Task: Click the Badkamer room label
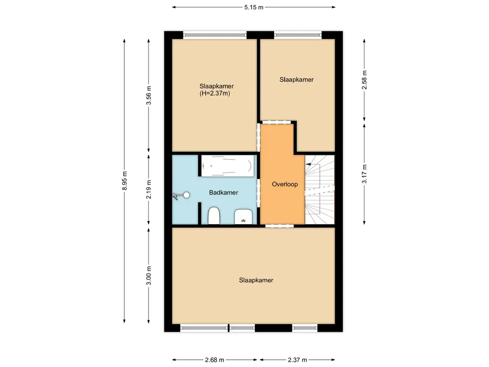pyautogui.click(x=223, y=193)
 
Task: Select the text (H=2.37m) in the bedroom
pyautogui.click(x=215, y=94)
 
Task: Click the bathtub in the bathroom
pyautogui.click(x=226, y=166)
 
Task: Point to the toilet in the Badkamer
pyautogui.click(x=213, y=216)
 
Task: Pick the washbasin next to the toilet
pyautogui.click(x=244, y=216)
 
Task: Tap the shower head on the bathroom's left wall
pyautogui.click(x=182, y=195)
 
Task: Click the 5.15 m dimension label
pyautogui.click(x=254, y=7)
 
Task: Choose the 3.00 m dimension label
pyautogui.click(x=149, y=275)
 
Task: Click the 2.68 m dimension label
pyautogui.click(x=215, y=360)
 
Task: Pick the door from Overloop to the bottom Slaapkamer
pyautogui.click(x=279, y=226)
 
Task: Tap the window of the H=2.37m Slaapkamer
pyautogui.click(x=215, y=34)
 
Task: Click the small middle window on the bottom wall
pyautogui.click(x=242, y=328)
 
